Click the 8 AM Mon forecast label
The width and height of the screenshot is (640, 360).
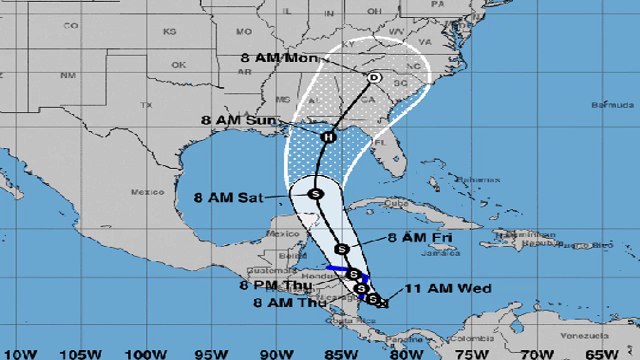tap(275, 58)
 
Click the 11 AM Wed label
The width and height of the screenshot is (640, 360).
tap(433, 290)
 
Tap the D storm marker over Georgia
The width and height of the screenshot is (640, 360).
tap(374, 77)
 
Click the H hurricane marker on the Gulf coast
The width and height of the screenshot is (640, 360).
tap(327, 136)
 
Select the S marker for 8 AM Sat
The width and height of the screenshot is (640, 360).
tap(315, 193)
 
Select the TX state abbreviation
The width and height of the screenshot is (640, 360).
tap(146, 104)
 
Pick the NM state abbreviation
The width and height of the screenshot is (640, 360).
tap(68, 75)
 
